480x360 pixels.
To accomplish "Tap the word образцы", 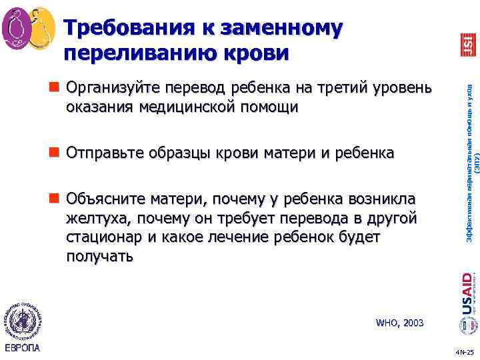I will pyautogui.click(x=179, y=153).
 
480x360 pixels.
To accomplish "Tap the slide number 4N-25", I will pyautogui.click(x=463, y=352).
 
